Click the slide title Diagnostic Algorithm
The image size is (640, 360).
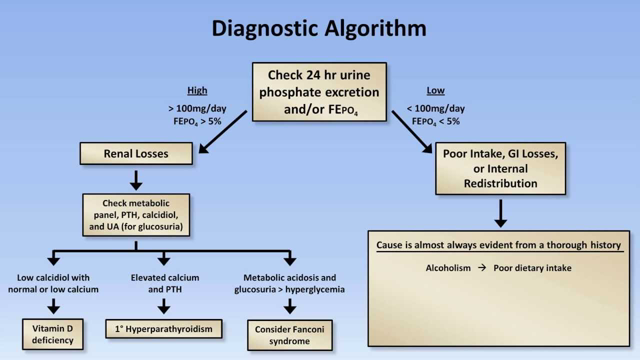pyautogui.click(x=319, y=29)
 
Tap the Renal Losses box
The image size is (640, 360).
pyautogui.click(x=138, y=155)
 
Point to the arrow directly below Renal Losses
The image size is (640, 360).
pyautogui.click(x=138, y=179)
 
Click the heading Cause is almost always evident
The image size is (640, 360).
pyautogui.click(x=497, y=245)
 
